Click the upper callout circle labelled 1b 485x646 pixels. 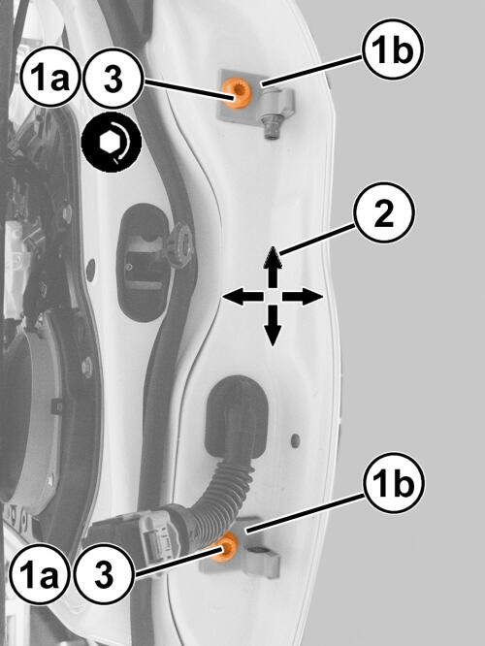pyautogui.click(x=393, y=48)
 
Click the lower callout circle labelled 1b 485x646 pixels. pyautogui.click(x=394, y=482)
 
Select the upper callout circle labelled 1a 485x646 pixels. pyautogui.click(x=49, y=78)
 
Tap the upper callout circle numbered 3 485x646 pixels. pyautogui.click(x=113, y=79)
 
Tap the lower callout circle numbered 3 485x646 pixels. pyautogui.click(x=104, y=574)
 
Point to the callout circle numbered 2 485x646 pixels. pyautogui.click(x=383, y=212)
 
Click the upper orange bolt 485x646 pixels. pyautogui.click(x=235, y=94)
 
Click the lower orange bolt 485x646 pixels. pyautogui.click(x=227, y=546)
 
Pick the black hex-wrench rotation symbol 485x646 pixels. pyautogui.click(x=112, y=143)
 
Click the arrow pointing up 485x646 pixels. pyautogui.click(x=273, y=267)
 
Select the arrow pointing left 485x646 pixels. pyautogui.click(x=242, y=297)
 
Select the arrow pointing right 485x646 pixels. pyautogui.click(x=303, y=297)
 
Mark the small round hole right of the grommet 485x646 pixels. pyautogui.click(x=295, y=440)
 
